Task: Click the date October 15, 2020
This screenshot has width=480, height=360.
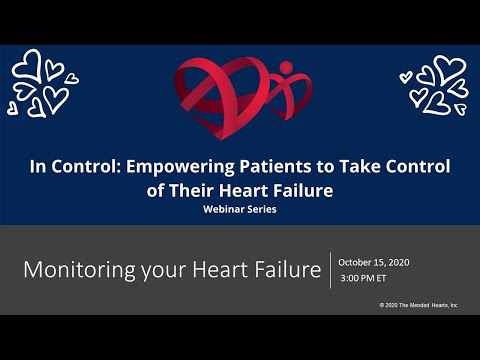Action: click(374, 261)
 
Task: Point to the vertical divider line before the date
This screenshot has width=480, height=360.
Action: click(330, 269)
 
